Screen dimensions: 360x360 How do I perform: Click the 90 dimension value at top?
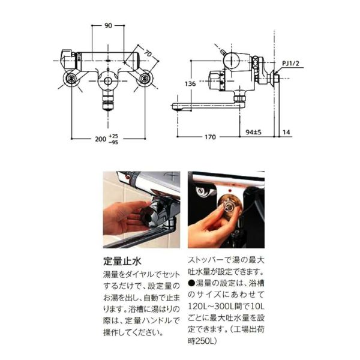(x=109, y=26)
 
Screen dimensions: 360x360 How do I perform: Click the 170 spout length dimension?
(x=208, y=137)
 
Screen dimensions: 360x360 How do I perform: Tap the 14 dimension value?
(x=288, y=137)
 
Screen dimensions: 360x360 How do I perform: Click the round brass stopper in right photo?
(x=227, y=206)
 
